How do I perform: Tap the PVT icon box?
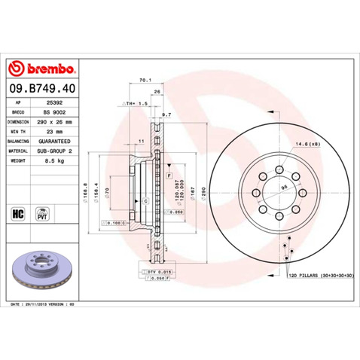click(x=42, y=213)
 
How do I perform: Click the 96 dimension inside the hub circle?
click(x=285, y=188)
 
